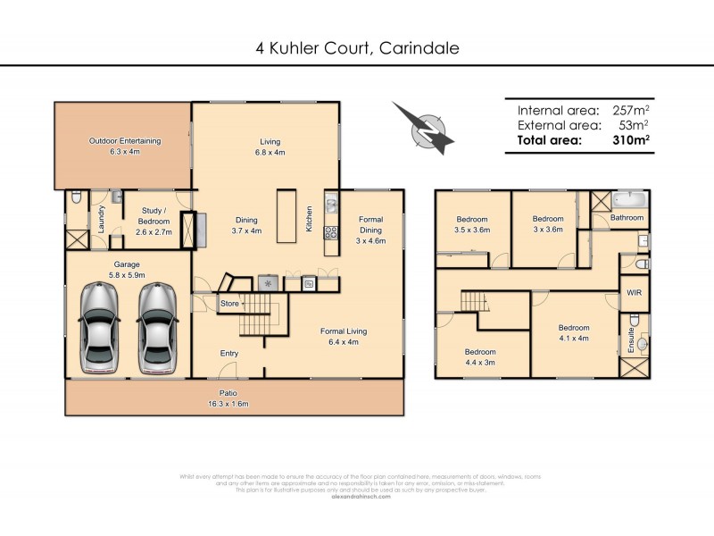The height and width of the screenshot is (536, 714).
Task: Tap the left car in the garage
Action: pyautogui.click(x=97, y=328)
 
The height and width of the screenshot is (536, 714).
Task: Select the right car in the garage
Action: pyautogui.click(x=157, y=328)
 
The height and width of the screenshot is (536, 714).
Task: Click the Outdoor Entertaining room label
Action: pyautogui.click(x=125, y=147)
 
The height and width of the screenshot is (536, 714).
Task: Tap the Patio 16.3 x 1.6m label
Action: pyautogui.click(x=234, y=398)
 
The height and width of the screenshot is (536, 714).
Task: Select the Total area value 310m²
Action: pyautogui.click(x=630, y=139)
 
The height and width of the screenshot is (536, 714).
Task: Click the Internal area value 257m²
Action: pyautogui.click(x=631, y=110)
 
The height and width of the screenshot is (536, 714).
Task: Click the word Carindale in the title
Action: pyautogui.click(x=419, y=48)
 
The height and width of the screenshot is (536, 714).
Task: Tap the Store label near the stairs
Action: pyautogui.click(x=230, y=305)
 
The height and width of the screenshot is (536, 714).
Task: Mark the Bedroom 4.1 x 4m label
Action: pyautogui.click(x=574, y=332)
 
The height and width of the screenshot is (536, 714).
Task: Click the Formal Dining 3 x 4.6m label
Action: pyautogui.click(x=370, y=230)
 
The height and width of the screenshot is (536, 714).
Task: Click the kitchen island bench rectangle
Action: pyautogui.click(x=286, y=215)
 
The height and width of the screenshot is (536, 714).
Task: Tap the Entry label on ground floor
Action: pyautogui.click(x=229, y=354)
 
